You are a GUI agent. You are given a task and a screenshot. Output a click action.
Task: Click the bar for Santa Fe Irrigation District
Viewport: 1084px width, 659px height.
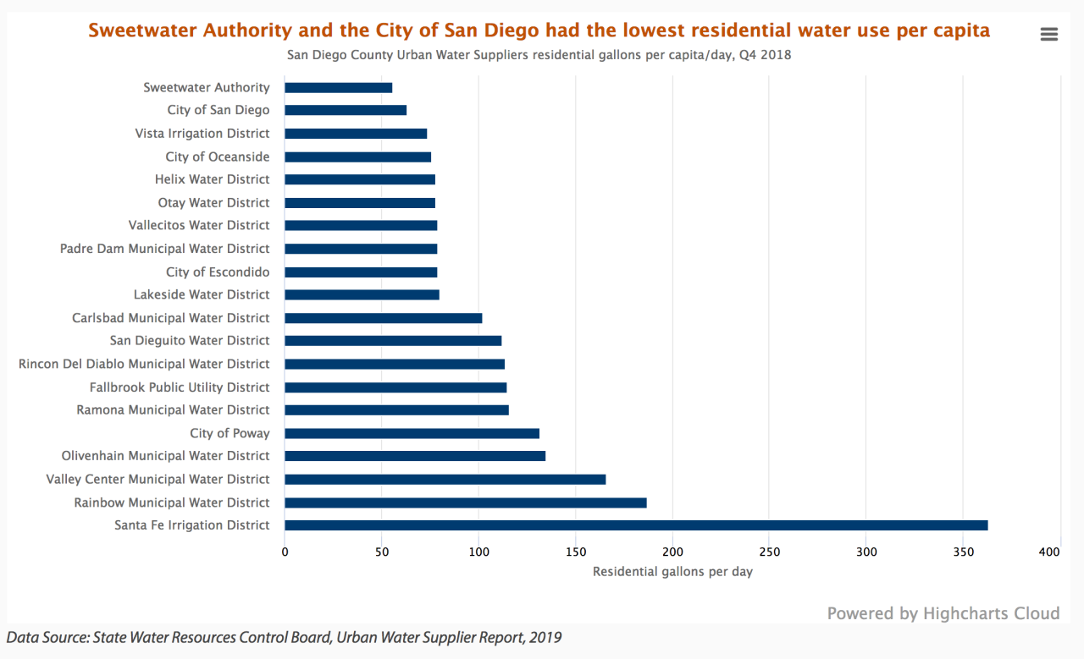[x=635, y=525]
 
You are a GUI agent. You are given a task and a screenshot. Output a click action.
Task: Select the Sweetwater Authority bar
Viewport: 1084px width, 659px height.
[x=338, y=87]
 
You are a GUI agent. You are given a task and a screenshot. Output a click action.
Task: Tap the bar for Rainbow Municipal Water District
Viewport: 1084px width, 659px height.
[x=465, y=502]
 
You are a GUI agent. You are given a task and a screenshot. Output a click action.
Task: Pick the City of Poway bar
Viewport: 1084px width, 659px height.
[x=412, y=433]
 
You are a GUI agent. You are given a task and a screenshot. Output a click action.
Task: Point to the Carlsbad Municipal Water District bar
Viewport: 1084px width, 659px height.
[x=383, y=318]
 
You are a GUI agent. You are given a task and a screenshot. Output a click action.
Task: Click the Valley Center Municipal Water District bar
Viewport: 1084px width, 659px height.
[x=445, y=480]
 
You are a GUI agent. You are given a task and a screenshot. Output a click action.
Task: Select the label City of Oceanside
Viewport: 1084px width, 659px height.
[x=218, y=157]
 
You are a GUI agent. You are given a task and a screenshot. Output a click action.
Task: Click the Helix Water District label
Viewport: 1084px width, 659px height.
[x=212, y=179]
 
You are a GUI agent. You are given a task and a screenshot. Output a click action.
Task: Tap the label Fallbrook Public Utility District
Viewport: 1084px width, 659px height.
[x=180, y=387]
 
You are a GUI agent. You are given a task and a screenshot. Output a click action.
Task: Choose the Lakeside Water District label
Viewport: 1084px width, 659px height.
[x=202, y=294]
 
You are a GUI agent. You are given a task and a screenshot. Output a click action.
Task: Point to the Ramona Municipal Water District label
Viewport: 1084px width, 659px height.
[x=173, y=410]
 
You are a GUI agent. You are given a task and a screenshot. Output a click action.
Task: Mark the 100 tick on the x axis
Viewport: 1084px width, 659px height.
[x=478, y=552]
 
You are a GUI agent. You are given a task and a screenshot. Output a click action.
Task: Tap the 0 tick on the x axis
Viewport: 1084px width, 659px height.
[x=285, y=552]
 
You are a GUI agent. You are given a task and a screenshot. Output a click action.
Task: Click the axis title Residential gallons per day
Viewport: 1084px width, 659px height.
[x=672, y=572]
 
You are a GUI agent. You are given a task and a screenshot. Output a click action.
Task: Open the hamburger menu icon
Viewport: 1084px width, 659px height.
[x=1048, y=34]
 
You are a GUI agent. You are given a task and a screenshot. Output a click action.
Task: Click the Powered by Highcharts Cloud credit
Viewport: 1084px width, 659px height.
[x=943, y=613]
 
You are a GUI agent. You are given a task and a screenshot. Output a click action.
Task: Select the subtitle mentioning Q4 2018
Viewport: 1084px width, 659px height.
[x=539, y=55]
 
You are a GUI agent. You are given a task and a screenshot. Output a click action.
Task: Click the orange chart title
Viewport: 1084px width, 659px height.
[x=539, y=31]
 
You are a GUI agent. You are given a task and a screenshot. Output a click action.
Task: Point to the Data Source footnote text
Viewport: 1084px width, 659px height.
[x=284, y=637]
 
